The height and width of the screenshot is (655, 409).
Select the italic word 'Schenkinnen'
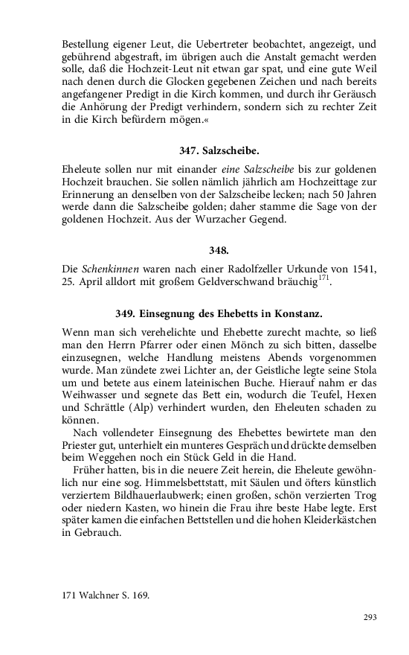click(x=109, y=268)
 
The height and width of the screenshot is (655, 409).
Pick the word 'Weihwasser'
click(x=91, y=395)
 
